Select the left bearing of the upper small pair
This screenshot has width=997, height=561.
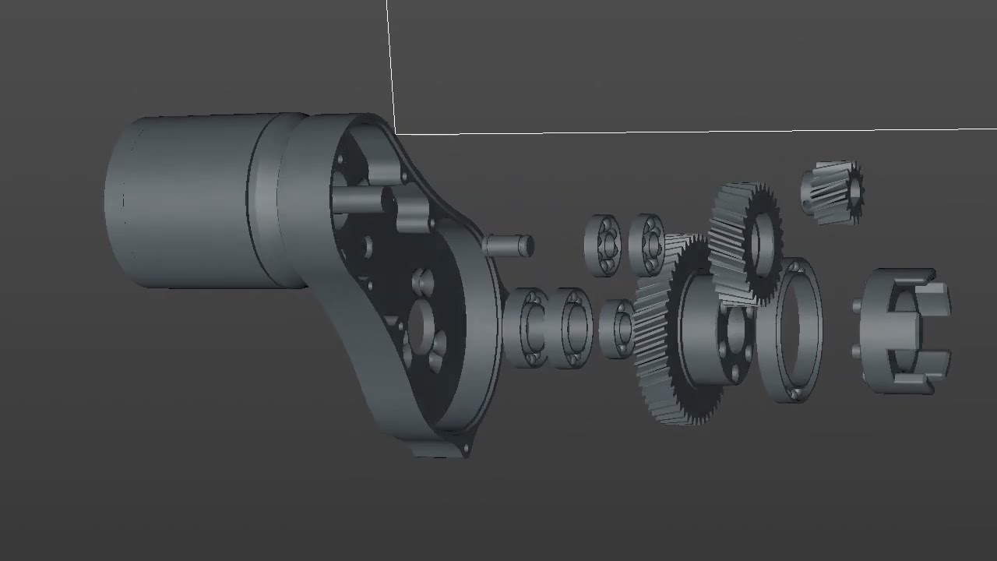tap(602, 245)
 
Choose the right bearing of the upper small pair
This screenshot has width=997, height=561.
tap(646, 243)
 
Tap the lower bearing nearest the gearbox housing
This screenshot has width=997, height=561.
tap(527, 327)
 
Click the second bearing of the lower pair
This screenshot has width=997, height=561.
tap(572, 328)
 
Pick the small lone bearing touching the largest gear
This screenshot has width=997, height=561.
tap(618, 328)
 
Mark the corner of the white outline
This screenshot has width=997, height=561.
tap(395, 133)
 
